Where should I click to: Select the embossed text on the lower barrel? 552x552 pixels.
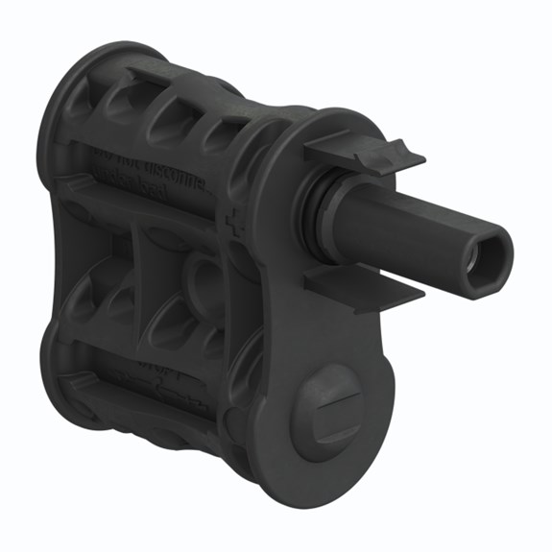tap(154, 379)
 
